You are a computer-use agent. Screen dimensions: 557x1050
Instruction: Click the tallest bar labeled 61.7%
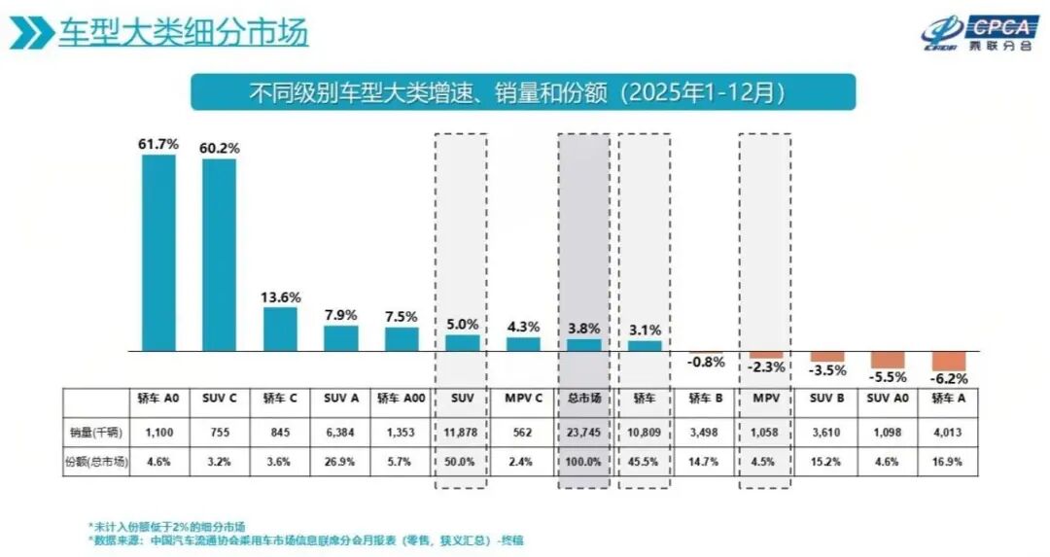coord(158,253)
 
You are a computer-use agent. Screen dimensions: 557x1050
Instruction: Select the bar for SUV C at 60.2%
coord(219,255)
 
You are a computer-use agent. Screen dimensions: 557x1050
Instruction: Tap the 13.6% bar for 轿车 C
coord(280,330)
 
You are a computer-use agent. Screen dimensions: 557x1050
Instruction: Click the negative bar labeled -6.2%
coord(949,361)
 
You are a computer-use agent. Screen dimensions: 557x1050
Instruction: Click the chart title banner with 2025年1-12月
coord(522,92)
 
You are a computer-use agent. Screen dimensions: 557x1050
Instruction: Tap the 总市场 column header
coord(583,399)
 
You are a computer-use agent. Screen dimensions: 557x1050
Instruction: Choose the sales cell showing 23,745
coord(583,431)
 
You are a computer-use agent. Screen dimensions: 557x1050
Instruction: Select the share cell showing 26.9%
coord(340,462)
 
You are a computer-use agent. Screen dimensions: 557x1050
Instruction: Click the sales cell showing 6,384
coord(340,431)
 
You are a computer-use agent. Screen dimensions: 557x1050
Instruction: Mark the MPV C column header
coord(523,399)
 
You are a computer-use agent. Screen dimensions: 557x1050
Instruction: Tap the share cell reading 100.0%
coord(583,462)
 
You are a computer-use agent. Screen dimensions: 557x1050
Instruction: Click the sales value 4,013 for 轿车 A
coord(949,431)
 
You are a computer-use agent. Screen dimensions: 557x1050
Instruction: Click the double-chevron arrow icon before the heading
coord(31,33)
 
